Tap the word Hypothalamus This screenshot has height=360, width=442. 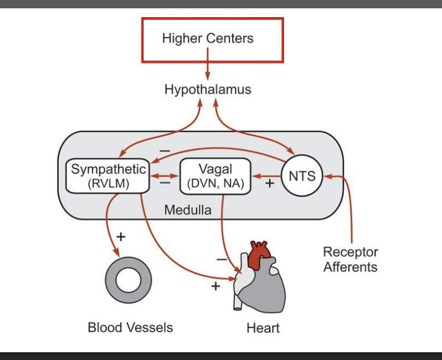coord(208,89)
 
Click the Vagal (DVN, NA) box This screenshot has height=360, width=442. coord(215,177)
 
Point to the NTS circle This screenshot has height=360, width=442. coord(302,176)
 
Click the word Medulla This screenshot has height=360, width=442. coord(188,210)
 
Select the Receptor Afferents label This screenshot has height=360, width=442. coord(350,259)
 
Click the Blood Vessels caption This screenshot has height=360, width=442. coord(130,327)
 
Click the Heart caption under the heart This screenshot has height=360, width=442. coord(263,328)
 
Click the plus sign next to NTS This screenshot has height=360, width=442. coord(270,183)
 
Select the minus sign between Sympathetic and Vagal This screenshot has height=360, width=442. coord(164,183)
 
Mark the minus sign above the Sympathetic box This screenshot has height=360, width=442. coord(165,150)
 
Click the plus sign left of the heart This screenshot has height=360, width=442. coord(215,286)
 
